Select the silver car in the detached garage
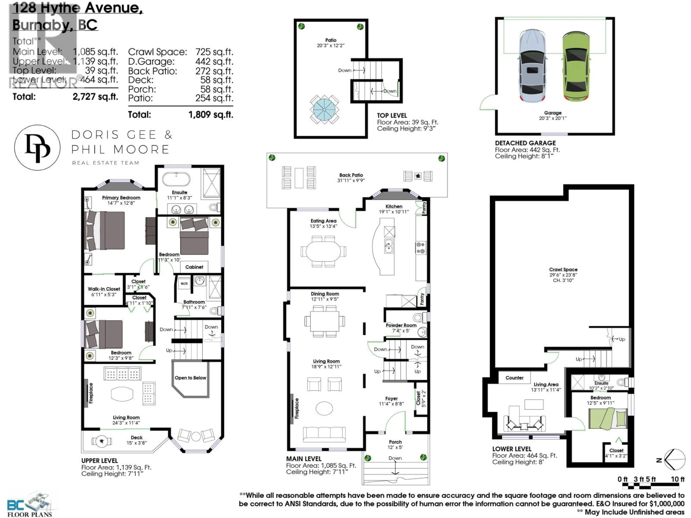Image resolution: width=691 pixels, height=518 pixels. click(533, 66)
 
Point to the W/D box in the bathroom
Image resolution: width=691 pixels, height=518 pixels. click(184, 283)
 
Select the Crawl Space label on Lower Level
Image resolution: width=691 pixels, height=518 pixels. click(563, 269)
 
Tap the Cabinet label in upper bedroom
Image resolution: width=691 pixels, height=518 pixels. click(194, 267)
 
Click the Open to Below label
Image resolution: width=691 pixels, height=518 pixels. click(190, 378)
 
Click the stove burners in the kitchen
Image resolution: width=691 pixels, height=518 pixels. click(421, 248)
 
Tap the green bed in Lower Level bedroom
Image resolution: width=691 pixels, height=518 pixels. click(608, 418)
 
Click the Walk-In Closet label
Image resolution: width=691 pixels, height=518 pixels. click(104, 289)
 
